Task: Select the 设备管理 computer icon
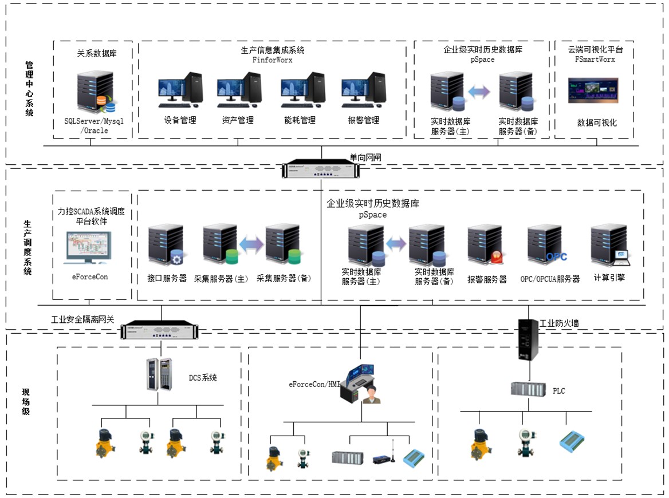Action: (180, 90)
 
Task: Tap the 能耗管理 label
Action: (300, 120)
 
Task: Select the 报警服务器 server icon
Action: (486, 246)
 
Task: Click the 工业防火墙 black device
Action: (528, 339)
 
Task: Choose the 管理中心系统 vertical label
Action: (29, 89)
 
